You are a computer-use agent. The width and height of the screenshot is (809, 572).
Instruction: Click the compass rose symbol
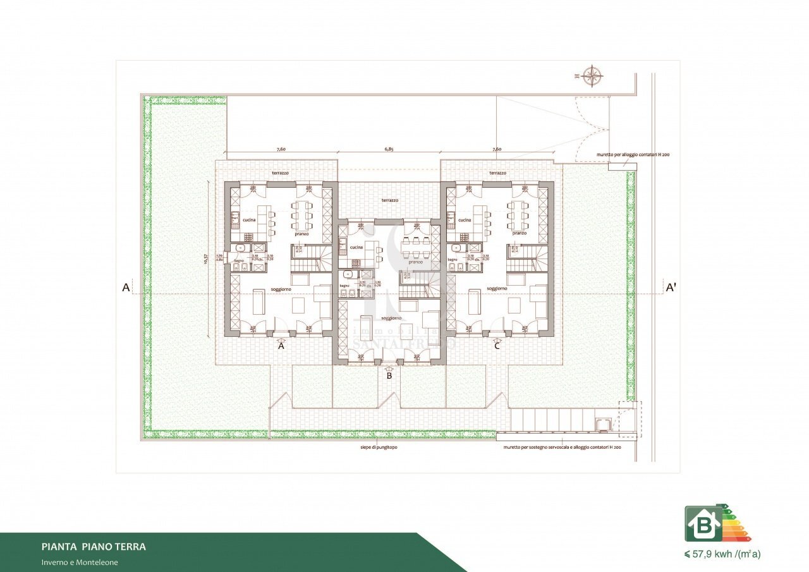(x=592, y=76)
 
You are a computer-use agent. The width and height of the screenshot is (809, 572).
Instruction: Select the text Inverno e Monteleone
(x=80, y=562)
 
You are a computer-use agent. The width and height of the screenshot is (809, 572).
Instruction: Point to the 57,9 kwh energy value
(x=722, y=554)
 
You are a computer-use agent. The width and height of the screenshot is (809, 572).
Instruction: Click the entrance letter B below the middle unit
(x=389, y=375)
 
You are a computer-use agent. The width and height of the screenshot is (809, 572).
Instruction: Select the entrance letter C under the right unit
(x=497, y=346)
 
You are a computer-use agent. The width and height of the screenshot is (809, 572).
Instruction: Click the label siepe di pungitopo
(x=374, y=447)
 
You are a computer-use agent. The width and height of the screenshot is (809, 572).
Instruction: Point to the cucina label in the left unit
(x=249, y=220)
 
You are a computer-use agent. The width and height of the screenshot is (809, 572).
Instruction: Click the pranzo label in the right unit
(x=520, y=233)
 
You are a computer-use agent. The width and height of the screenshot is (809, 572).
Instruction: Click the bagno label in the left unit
(x=239, y=260)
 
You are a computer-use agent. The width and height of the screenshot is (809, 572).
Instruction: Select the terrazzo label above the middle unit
(x=390, y=200)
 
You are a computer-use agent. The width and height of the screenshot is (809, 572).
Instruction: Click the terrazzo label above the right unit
(x=497, y=173)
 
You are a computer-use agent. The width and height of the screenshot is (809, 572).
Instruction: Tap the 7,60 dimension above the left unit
(x=281, y=149)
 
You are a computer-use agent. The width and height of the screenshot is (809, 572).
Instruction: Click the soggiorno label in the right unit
(x=497, y=288)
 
